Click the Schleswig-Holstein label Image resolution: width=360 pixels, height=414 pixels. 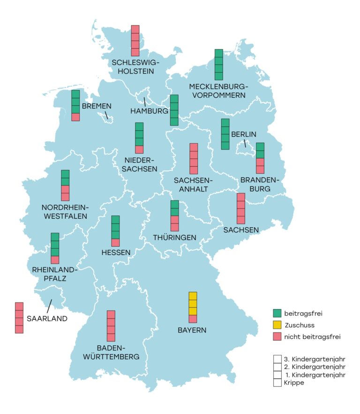pos(135,67)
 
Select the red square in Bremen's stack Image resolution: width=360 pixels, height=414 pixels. pos(75,117)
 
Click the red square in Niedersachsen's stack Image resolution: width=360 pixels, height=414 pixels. pos(139,149)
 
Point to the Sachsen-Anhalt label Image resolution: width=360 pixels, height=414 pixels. pos(193,185)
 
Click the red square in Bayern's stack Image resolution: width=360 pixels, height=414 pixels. pos(193,319)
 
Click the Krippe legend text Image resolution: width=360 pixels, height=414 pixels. pos(294,383)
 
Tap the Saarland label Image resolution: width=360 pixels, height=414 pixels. pos(47,318)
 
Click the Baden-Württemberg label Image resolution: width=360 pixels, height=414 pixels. pos(111,352)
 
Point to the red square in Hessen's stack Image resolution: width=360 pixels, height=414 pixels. pos(115,242)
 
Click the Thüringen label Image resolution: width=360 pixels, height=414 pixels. pos(174,237)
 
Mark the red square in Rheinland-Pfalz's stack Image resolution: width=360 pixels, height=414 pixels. pos(55,259)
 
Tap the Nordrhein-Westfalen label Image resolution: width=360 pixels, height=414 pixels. pos(65,212)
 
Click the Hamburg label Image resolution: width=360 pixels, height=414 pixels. pos(149,111)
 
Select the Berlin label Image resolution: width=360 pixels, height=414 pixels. pos(244,134)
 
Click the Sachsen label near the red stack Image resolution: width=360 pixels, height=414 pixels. pos(241,229)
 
